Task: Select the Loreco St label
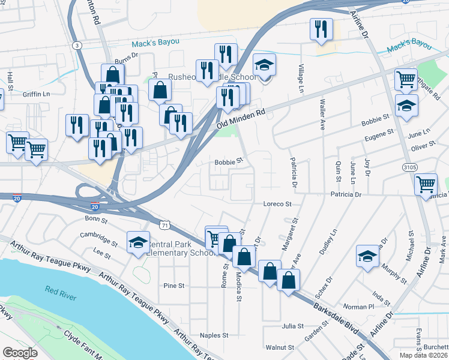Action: [277, 204]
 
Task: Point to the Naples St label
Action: [214, 335]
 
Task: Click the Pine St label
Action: [173, 286]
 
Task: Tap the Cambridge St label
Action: [94, 235]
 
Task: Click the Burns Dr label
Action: [127, 61]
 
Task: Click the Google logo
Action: [20, 353]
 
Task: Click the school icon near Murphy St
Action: [367, 256]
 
